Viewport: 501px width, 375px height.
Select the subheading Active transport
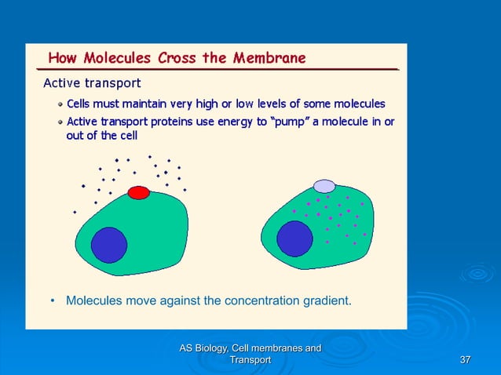click(x=91, y=82)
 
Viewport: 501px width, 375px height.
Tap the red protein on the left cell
click(x=138, y=192)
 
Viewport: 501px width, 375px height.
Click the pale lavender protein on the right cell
click(x=324, y=186)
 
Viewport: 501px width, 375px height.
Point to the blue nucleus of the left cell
click(x=108, y=245)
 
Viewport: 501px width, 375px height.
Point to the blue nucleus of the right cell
click(x=294, y=238)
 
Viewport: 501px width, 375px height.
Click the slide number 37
click(x=465, y=359)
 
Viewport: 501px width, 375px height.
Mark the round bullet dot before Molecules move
click(x=53, y=300)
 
